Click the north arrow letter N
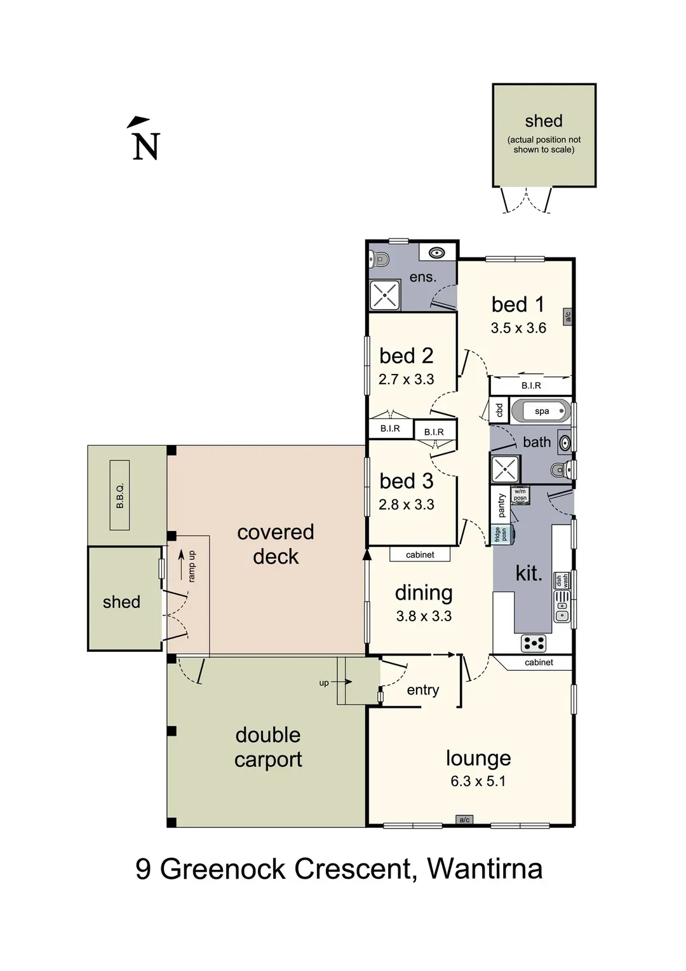(146, 146)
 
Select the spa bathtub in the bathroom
(541, 411)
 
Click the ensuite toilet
(379, 259)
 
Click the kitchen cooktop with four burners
(534, 644)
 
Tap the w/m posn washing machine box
(521, 495)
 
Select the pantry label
(502, 505)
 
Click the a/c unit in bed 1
(568, 316)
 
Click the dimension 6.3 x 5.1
(478, 781)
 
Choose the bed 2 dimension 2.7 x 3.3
(407, 379)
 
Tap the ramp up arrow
(182, 565)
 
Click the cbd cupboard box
(499, 410)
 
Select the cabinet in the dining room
(420, 554)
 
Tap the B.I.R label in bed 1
(531, 385)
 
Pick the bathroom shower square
(505, 469)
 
